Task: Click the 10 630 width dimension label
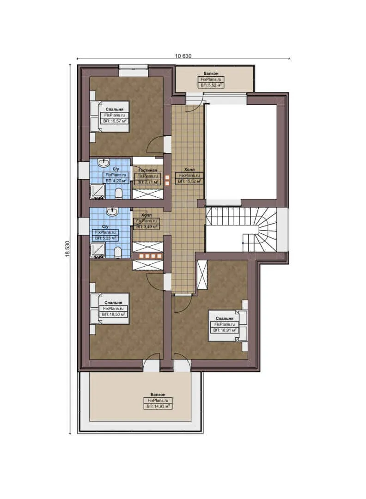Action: tap(183, 56)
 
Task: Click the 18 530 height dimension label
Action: tap(67, 249)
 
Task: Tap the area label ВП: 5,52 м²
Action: tap(212, 85)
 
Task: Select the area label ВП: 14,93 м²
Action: tap(159, 406)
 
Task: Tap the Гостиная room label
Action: tap(147, 170)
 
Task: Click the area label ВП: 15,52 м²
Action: tap(190, 182)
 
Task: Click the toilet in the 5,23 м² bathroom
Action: tap(118, 251)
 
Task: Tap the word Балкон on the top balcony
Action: tap(212, 73)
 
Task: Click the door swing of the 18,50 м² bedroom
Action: tap(154, 280)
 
